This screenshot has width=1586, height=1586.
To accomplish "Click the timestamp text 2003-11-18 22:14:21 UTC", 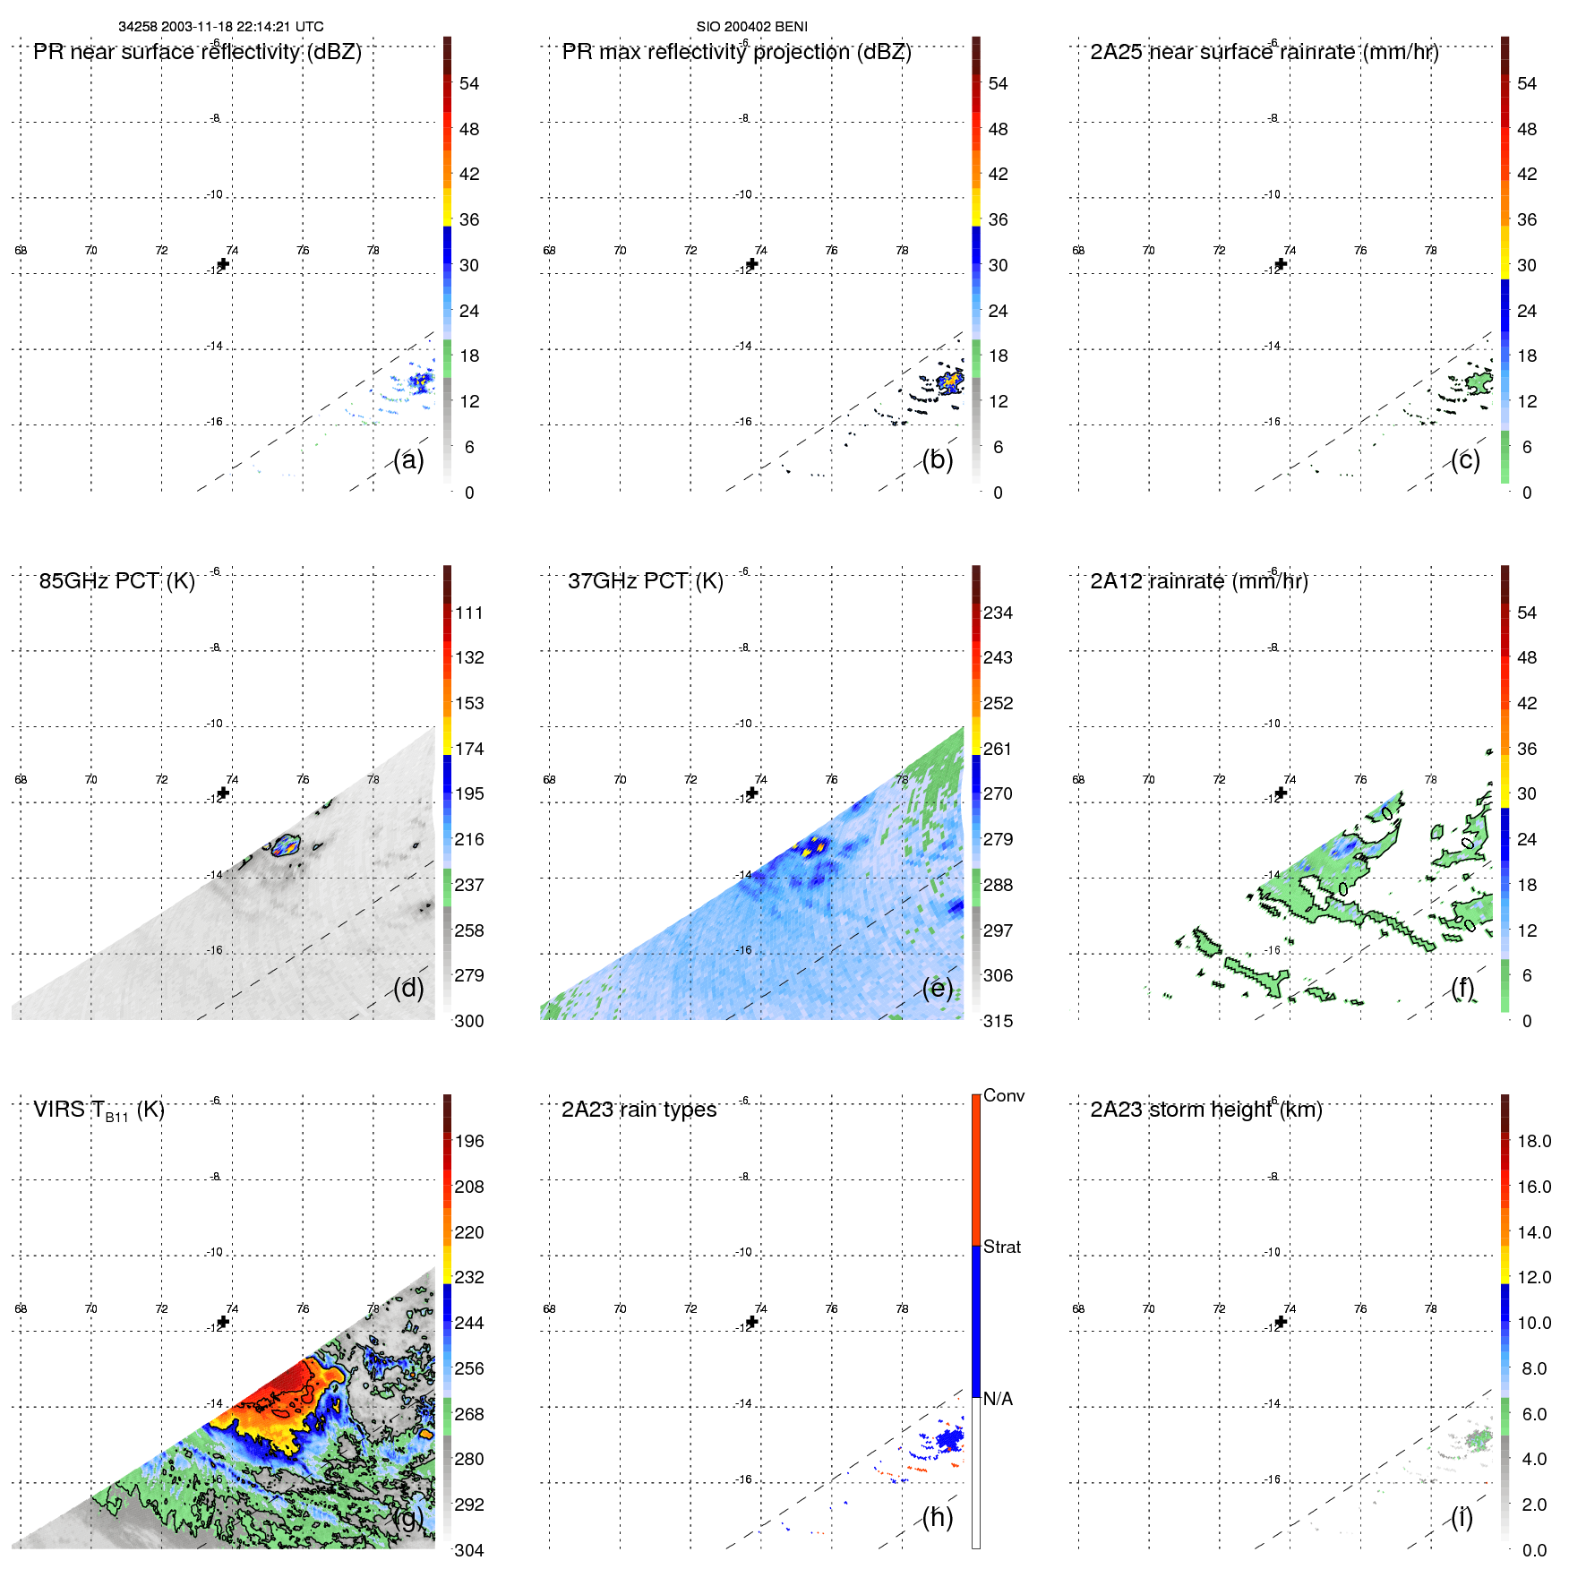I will (242, 27).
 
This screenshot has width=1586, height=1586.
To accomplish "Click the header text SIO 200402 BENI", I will (751, 27).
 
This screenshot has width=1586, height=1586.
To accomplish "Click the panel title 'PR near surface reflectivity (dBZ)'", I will (197, 52).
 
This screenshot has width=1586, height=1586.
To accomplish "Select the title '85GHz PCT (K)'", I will (116, 581).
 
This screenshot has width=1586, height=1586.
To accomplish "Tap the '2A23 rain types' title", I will (639, 1110).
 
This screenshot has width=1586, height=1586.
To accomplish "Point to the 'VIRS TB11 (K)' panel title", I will (99, 1110).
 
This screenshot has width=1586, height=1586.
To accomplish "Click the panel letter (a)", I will (408, 459).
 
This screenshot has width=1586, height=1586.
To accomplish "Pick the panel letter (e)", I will (937, 988).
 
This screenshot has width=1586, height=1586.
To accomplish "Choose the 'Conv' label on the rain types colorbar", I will (1003, 1095).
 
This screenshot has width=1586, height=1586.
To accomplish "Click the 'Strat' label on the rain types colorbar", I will (1001, 1247).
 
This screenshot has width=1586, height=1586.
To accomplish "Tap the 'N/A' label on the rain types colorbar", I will (998, 1399).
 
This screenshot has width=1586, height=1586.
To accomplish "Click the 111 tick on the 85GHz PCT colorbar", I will (468, 613).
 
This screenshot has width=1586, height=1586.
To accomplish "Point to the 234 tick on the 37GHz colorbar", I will (998, 613).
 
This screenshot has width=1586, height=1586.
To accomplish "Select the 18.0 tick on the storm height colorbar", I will (1533, 1141).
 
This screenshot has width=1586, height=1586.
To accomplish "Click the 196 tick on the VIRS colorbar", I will (468, 1141).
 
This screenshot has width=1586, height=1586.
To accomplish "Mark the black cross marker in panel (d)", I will (223, 793).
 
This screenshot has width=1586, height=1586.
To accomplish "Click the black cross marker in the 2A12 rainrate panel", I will (1281, 793).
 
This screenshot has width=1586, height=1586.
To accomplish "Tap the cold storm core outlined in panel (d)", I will (287, 845).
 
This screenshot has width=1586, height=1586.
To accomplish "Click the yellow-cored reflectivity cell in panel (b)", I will (949, 382).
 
